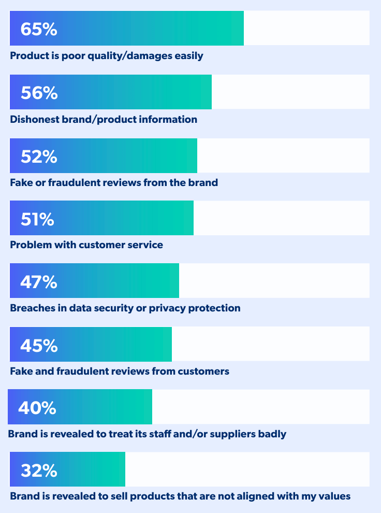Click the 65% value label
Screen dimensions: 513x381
click(x=39, y=29)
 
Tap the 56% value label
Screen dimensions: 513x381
click(x=39, y=93)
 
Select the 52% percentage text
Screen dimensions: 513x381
click(x=39, y=156)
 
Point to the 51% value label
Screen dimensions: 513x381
click(x=37, y=219)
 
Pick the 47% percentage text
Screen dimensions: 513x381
click(x=39, y=282)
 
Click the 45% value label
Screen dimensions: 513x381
click(x=39, y=345)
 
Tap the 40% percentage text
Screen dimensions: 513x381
click(x=37, y=408)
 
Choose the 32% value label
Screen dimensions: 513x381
click(x=39, y=471)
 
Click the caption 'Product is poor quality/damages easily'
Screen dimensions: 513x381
click(x=107, y=56)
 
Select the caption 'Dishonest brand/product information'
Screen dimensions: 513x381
click(x=104, y=120)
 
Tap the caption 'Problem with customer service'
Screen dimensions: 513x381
click(x=86, y=245)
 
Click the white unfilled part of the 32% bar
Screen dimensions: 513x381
click(x=247, y=469)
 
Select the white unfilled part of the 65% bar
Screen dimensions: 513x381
click(x=306, y=28)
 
